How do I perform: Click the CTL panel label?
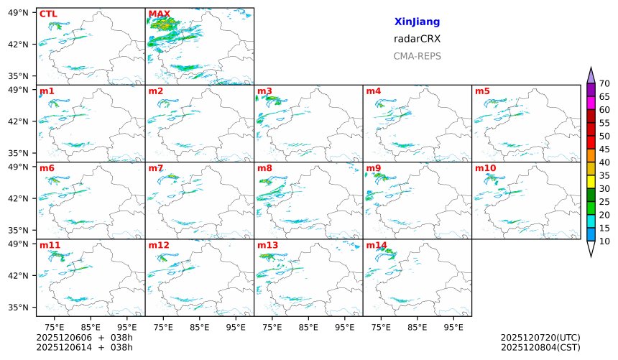pos(48,14)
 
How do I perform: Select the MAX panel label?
pos(159,14)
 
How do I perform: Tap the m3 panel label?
pos(264,91)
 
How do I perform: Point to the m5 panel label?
pos(482,91)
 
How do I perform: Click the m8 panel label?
pos(264,168)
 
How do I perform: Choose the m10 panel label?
pos(485,168)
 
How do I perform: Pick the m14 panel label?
pos(376,245)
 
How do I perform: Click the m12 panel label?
pos(159,245)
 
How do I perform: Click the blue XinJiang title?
pos(417,22)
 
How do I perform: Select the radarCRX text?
pos(417,39)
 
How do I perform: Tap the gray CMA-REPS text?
pos(417,56)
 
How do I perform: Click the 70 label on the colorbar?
pos(604,84)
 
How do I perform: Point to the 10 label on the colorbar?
pos(604,241)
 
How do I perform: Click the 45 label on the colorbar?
pos(604,149)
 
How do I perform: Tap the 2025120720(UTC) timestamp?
pos(540,337)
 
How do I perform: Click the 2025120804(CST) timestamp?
pos(540,348)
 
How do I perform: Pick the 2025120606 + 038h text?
pos(84,337)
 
